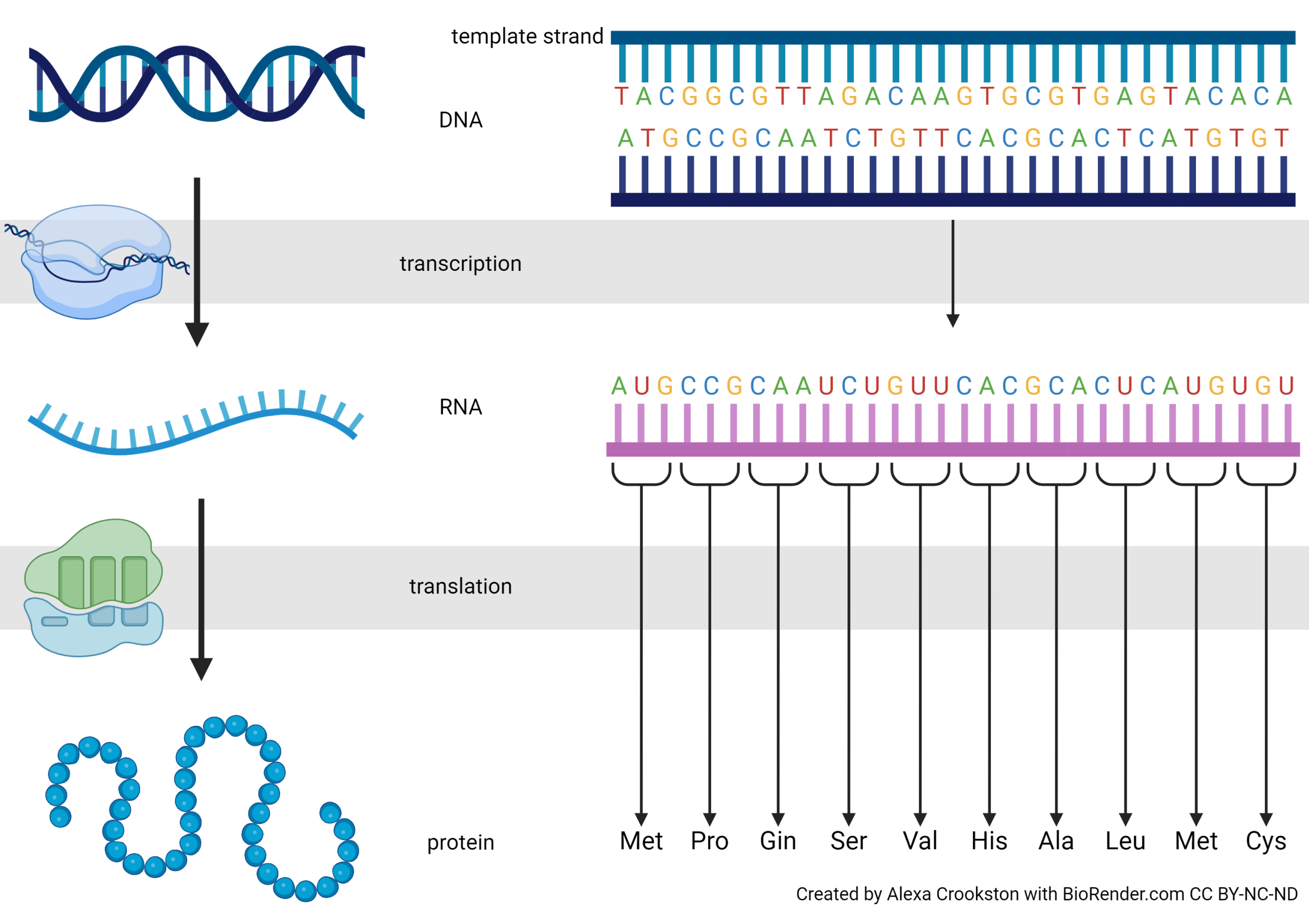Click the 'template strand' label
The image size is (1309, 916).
(527, 36)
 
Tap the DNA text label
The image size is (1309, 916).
(461, 120)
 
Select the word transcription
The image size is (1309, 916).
(460, 264)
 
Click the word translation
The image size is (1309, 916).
(460, 586)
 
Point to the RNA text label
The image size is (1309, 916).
(461, 407)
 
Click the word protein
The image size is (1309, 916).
(460, 842)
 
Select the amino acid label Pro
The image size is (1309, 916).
(709, 841)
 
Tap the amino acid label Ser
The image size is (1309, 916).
(848, 841)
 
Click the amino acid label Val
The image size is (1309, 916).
(919, 841)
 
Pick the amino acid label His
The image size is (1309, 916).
(989, 841)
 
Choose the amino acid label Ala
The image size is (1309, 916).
(1056, 841)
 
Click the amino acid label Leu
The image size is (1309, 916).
(1125, 841)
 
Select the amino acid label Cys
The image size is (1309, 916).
(1266, 841)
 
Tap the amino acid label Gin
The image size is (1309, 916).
(778, 841)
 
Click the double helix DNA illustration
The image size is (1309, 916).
(197, 83)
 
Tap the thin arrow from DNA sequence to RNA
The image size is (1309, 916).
(953, 273)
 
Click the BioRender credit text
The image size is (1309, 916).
(1046, 894)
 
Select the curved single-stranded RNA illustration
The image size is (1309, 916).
(194, 425)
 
